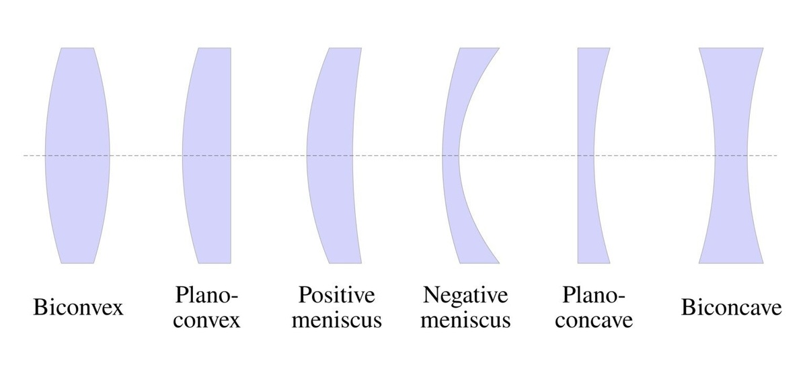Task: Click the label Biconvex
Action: click(x=79, y=308)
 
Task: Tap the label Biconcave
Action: click(x=731, y=308)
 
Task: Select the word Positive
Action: click(x=338, y=296)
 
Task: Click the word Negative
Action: click(x=466, y=296)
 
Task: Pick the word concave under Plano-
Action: click(x=597, y=321)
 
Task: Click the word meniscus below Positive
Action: click(x=340, y=321)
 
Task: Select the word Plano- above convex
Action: click(x=207, y=296)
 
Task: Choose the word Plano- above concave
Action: click(x=594, y=296)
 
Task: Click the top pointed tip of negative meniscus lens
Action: click(x=498, y=49)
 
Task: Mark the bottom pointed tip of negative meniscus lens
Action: click(x=498, y=261)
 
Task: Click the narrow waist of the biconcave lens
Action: click(x=731, y=155)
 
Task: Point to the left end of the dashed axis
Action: click(x=25, y=155)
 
